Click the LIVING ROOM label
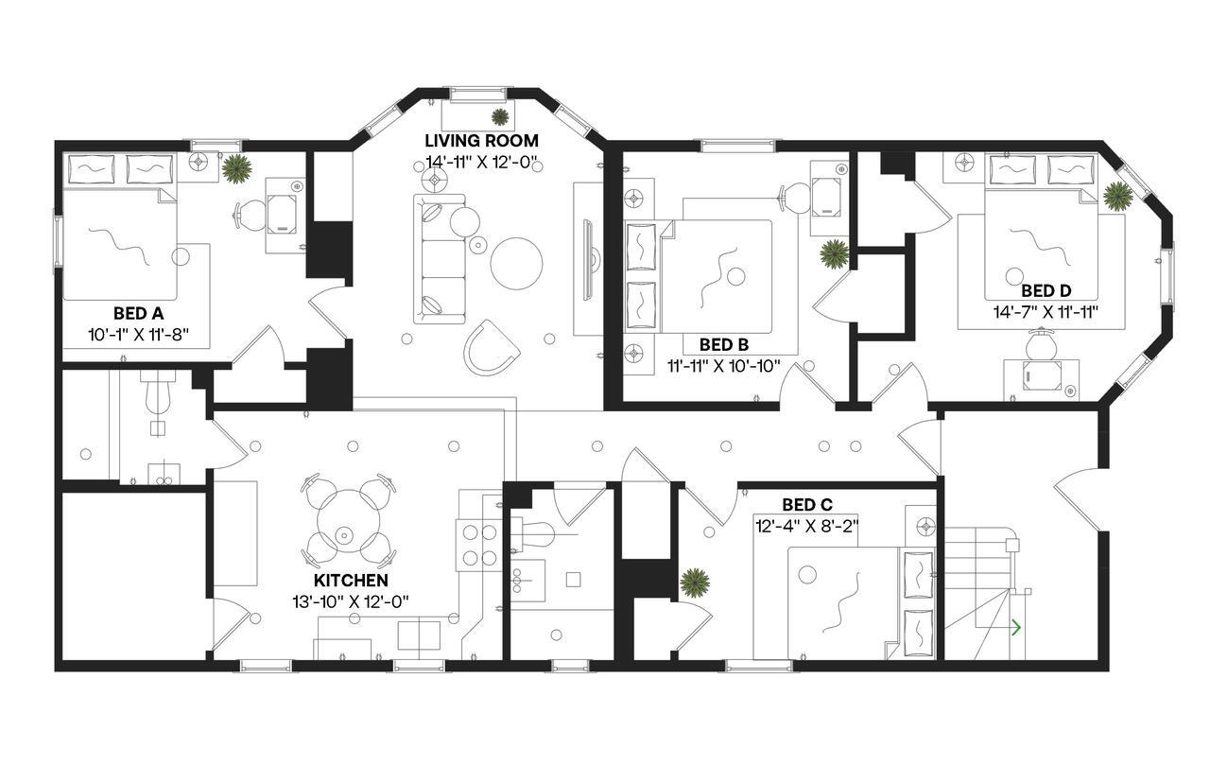pyautogui.click(x=480, y=141)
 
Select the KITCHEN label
pyautogui.click(x=351, y=580)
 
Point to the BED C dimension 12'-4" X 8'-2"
pyautogui.click(x=805, y=524)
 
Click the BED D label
pyautogui.click(x=1045, y=290)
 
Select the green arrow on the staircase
pyautogui.click(x=1016, y=626)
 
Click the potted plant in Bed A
pyautogui.click(x=236, y=168)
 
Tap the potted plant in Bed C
pyautogui.click(x=695, y=583)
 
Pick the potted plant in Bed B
pyautogui.click(x=834, y=253)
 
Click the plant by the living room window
pyautogui.click(x=499, y=116)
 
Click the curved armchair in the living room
pyautogui.click(x=491, y=346)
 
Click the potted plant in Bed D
pyautogui.click(x=1117, y=196)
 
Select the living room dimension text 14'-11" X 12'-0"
pyautogui.click(x=480, y=162)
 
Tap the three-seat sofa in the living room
pyautogui.click(x=441, y=257)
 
